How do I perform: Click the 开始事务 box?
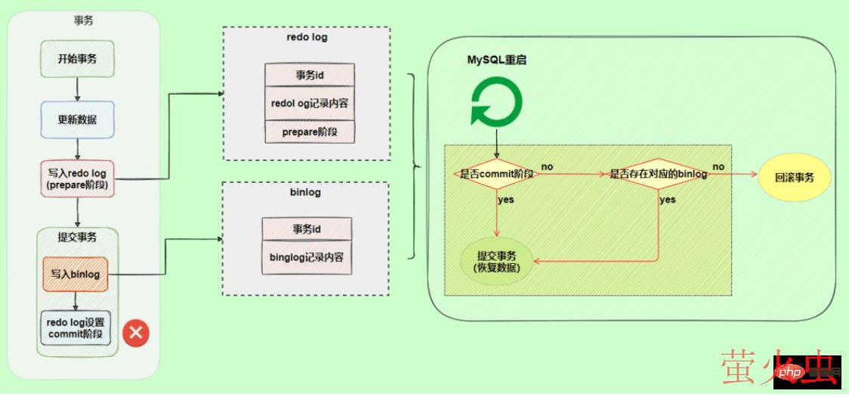(x=77, y=58)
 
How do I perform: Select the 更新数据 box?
(x=77, y=119)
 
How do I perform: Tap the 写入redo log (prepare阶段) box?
(x=77, y=179)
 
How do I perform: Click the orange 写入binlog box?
(x=76, y=274)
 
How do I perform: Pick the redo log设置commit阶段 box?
(x=76, y=328)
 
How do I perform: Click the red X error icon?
(x=136, y=332)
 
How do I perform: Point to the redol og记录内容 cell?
(x=310, y=103)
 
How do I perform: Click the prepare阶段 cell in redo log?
(x=310, y=132)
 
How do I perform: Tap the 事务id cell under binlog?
(x=307, y=229)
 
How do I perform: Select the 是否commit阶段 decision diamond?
(x=497, y=174)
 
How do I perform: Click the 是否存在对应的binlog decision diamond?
(x=658, y=174)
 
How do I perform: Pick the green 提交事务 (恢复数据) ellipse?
(x=497, y=261)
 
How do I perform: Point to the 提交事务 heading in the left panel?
(x=77, y=237)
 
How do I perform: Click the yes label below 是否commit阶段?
(x=506, y=200)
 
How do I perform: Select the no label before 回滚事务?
(x=718, y=166)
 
